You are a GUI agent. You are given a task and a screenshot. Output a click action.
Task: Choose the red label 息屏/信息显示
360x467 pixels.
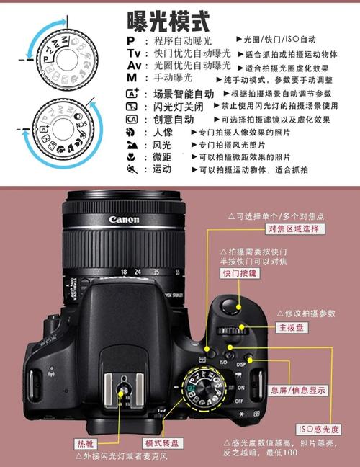coord(297,390)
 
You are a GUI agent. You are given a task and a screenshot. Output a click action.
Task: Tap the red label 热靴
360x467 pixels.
coord(85,442)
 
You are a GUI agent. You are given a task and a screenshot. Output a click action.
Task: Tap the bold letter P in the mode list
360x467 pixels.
coord(130,40)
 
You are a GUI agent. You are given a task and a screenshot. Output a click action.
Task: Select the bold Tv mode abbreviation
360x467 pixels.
coord(133,53)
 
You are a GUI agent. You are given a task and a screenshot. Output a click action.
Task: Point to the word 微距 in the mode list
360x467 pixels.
coord(162,157)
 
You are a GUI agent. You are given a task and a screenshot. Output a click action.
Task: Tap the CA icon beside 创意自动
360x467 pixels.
coord(131,120)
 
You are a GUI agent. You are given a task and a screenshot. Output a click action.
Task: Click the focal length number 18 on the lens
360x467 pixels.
coord(125,272)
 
